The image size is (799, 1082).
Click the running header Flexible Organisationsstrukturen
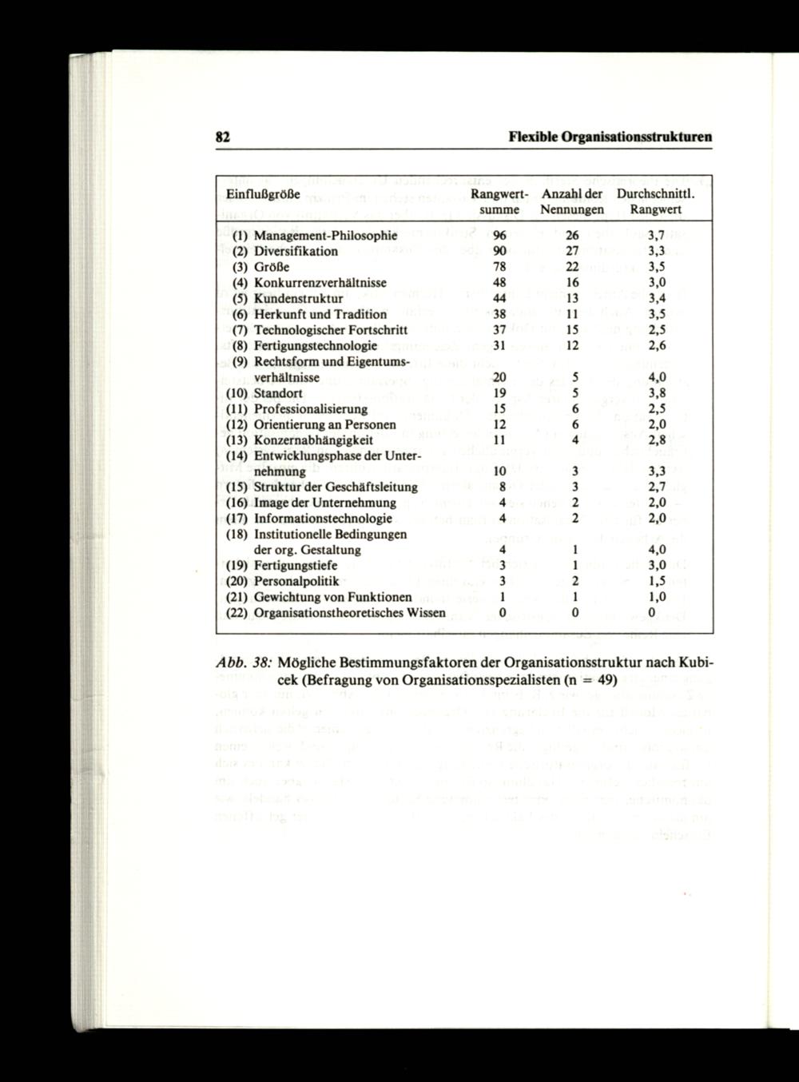610,137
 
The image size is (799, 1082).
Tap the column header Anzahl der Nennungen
571,201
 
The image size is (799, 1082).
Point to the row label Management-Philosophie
325,236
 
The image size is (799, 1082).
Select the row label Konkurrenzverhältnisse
320,283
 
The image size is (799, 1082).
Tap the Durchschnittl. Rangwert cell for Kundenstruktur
657,299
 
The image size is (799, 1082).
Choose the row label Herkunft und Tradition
320,314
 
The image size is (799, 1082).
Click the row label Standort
278,393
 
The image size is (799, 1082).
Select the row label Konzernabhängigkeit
313,440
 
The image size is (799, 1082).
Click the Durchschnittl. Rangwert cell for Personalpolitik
657,581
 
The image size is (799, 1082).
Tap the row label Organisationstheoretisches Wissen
349,613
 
